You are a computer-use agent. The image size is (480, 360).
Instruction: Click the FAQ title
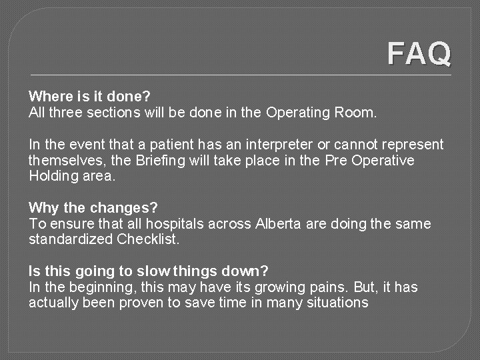pyautogui.click(x=419, y=54)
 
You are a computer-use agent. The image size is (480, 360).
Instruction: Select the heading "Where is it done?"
pyautogui.click(x=89, y=97)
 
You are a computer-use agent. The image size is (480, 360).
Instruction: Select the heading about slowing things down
pyautogui.click(x=148, y=271)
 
